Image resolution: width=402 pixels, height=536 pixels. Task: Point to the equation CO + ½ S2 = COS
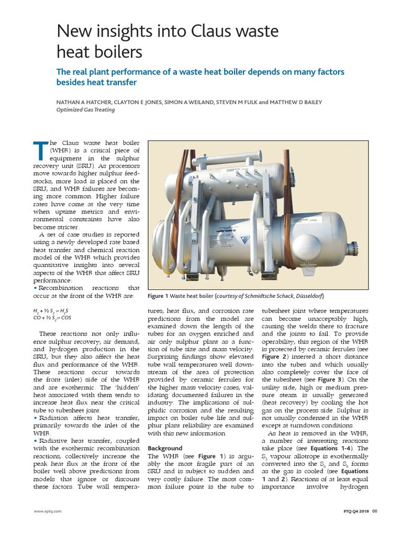click(55, 318)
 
